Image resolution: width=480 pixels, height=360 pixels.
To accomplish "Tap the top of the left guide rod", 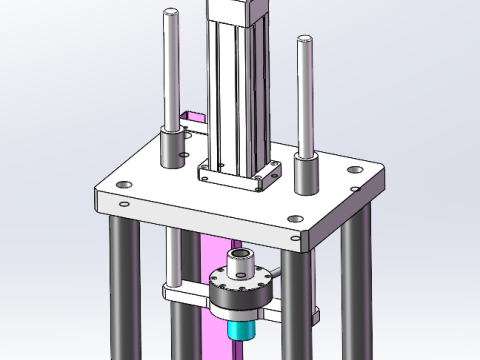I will (172, 13).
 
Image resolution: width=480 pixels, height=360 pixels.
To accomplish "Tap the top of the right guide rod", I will (304, 41).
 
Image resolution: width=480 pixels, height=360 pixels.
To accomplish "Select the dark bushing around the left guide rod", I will (174, 149).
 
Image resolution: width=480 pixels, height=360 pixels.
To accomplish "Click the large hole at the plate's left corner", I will (122, 185).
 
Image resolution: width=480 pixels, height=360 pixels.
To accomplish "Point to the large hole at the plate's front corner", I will (293, 219).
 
